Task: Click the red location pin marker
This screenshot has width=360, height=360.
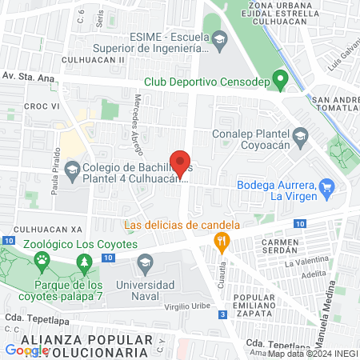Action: click(181, 163)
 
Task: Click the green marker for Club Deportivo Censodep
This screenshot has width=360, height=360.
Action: click(280, 79)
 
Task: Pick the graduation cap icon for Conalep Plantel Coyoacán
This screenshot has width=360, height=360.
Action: click(300, 134)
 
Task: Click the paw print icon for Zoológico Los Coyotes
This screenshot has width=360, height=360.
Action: click(40, 260)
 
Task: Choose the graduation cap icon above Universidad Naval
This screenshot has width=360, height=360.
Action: click(145, 262)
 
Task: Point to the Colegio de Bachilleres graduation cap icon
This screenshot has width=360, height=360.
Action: click(73, 170)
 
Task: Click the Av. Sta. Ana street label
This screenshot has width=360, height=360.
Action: click(28, 76)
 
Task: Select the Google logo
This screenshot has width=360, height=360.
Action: click(26, 350)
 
